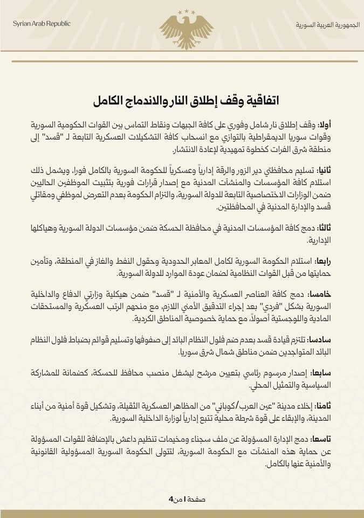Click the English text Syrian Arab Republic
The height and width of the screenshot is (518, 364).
(36, 26)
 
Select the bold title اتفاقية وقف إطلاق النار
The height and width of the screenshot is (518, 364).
(182, 100)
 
